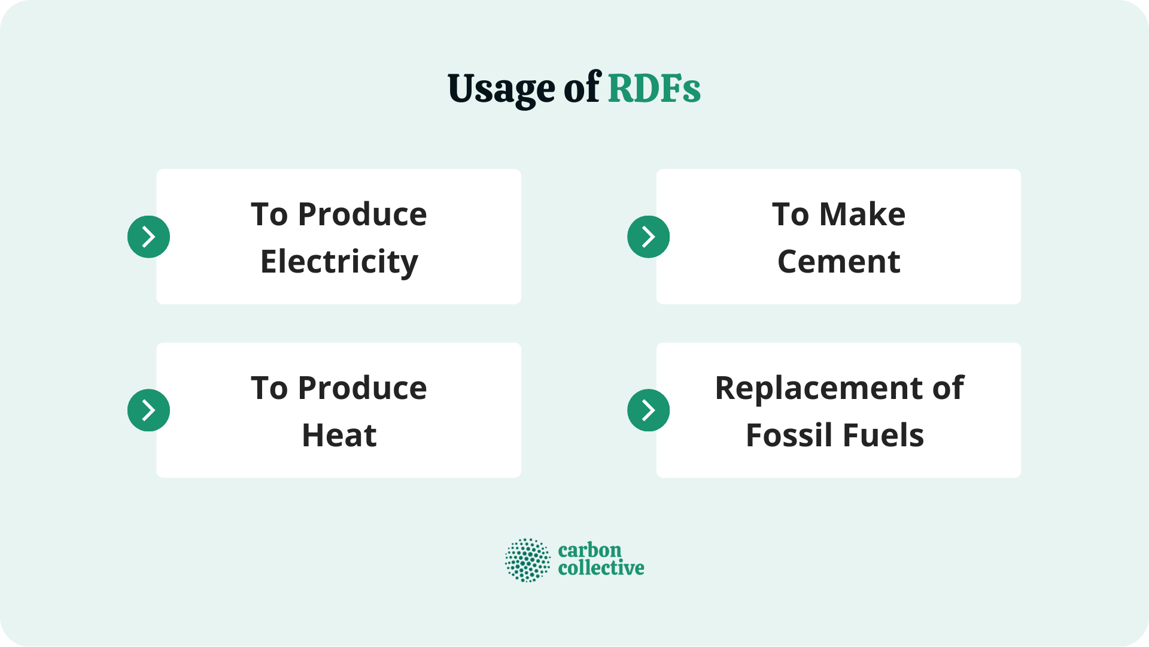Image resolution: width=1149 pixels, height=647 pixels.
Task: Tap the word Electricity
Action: coord(339,262)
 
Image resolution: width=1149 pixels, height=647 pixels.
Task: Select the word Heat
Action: coord(339,436)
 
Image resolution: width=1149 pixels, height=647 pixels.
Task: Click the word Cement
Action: coord(838,262)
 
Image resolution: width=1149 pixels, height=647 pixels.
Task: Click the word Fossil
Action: coord(789,436)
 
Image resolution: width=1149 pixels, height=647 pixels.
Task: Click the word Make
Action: coord(862,214)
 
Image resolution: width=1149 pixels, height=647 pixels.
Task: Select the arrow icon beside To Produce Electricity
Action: coord(148,237)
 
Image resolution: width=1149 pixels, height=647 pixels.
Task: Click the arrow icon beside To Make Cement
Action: coord(648,237)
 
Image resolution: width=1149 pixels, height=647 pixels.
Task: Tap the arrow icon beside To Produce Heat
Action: coord(148,410)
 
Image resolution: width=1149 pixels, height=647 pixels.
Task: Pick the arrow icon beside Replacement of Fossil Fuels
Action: coord(648,410)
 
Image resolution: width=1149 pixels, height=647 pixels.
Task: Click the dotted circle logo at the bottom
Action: coord(527,560)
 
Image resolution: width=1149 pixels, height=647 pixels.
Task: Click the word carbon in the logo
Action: coord(589,550)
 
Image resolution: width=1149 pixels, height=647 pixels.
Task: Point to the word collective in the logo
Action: coord(601,568)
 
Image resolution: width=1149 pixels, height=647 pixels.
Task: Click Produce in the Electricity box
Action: coord(362,214)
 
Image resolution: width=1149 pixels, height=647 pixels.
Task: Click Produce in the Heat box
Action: coord(362,388)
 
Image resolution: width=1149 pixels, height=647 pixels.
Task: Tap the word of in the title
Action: coord(582,89)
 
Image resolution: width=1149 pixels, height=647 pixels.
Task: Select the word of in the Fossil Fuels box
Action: coord(948,388)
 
